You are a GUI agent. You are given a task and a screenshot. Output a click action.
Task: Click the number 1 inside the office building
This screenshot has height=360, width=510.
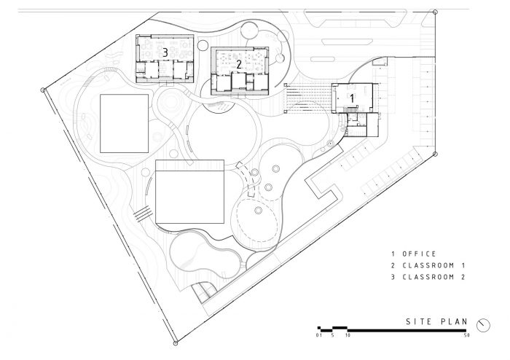(x=352, y=96)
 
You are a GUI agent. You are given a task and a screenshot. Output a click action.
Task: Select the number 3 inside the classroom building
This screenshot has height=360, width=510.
(x=165, y=52)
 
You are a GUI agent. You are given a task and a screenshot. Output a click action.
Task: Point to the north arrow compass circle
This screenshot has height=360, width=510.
(x=482, y=323)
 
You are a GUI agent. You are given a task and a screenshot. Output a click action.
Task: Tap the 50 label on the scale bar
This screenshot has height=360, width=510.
(x=465, y=336)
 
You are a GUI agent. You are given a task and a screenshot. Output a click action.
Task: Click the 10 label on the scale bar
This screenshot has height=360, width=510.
(x=348, y=336)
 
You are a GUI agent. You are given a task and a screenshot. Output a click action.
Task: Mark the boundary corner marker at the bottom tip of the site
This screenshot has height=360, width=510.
(x=175, y=341)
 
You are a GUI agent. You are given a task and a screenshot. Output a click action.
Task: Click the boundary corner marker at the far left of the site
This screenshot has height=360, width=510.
(x=44, y=90)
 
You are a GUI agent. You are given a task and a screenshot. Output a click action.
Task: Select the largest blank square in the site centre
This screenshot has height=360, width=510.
(x=189, y=195)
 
